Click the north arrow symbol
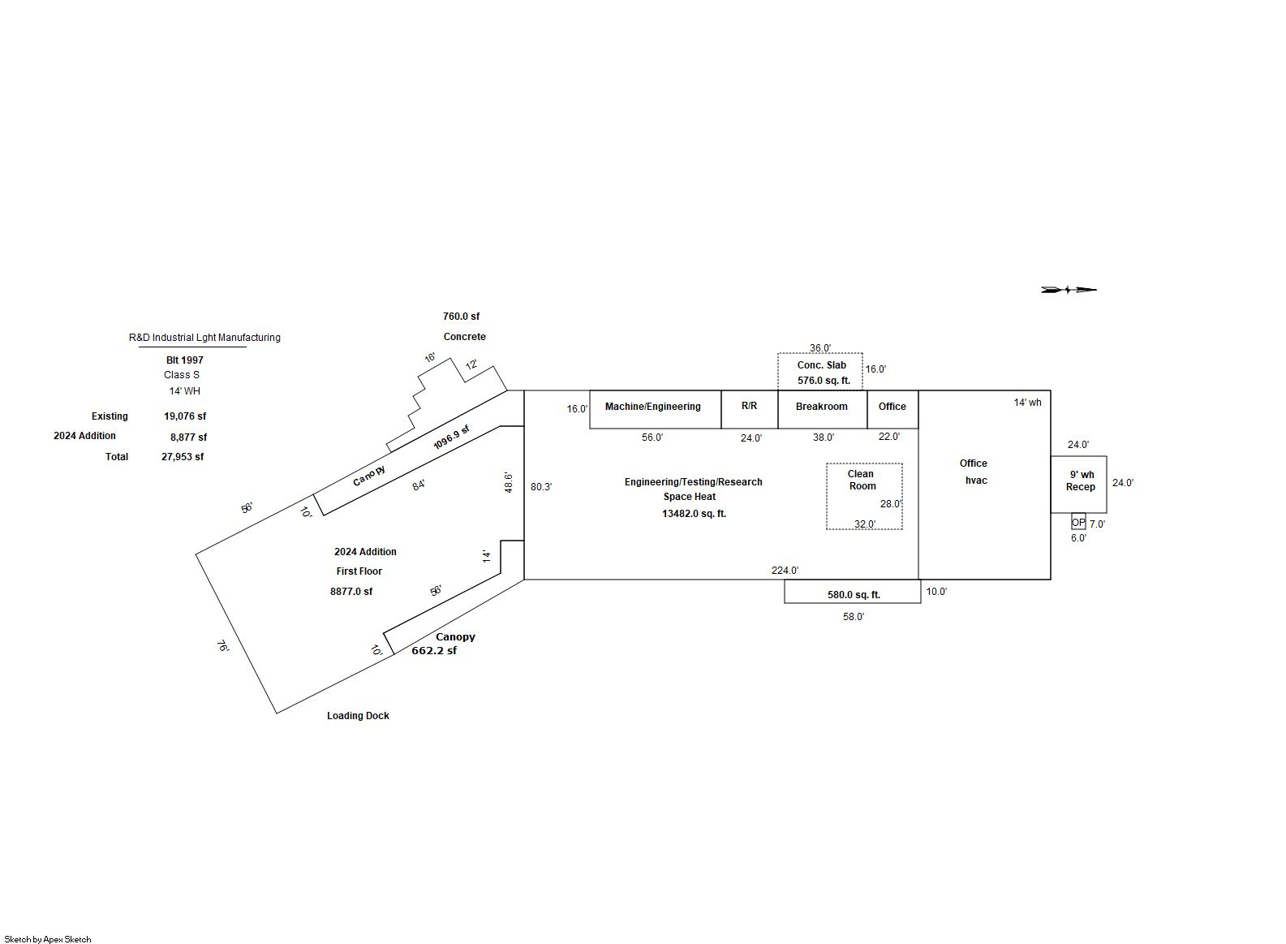1069,289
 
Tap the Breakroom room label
821,407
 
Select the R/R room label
749,406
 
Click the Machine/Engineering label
652,407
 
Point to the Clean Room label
862,480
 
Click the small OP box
1078,522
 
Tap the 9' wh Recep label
1081,481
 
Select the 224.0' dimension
785,571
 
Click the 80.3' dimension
541,487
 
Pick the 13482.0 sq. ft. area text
694,514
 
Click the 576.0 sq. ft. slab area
824,381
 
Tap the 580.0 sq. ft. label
854,595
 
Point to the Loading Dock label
358,716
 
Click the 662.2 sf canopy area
434,651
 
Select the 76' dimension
222,648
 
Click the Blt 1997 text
185,360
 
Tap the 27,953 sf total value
183,457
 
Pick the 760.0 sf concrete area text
461,317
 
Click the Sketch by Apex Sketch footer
48,939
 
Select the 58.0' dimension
854,617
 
